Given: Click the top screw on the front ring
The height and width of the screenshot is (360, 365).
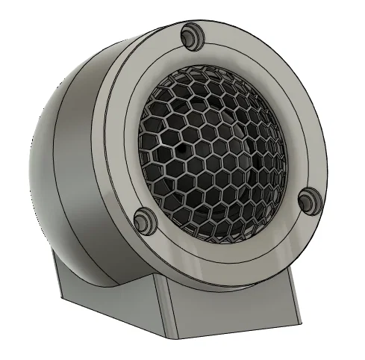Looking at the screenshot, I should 190,33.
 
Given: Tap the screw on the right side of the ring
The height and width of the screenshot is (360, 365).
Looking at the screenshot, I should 308,197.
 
